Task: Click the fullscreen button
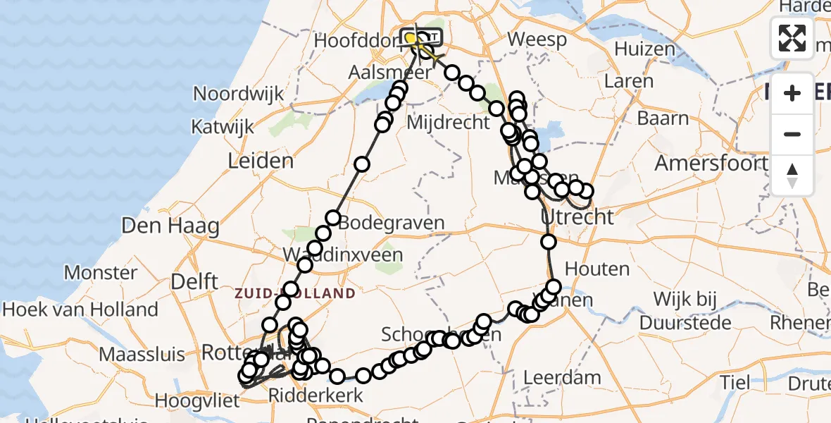pos(792,38)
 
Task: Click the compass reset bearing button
pos(792,176)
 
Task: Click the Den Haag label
pos(170,226)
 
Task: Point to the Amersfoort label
pos(711,164)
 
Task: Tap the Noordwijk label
pos(239,94)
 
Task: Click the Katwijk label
pos(222,127)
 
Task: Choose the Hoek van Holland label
pos(80,309)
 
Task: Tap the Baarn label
pos(664,118)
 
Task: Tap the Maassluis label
pos(142,355)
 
